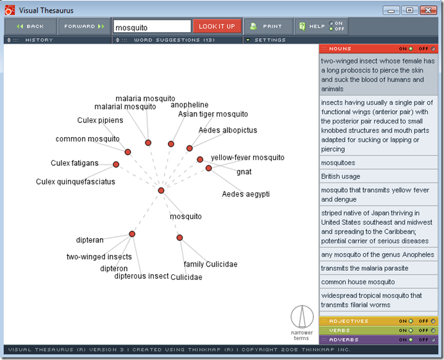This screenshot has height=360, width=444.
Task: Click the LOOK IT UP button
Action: (x=217, y=26)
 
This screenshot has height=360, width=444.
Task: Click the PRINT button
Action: (x=268, y=26)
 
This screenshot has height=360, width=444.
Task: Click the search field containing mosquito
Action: (x=152, y=27)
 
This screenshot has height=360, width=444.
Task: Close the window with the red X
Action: (x=428, y=10)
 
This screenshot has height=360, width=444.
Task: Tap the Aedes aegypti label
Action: (x=245, y=194)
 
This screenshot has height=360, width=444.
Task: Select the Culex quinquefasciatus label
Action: (x=76, y=182)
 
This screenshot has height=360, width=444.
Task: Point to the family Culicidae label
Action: (x=210, y=264)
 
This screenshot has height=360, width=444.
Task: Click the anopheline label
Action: (x=190, y=104)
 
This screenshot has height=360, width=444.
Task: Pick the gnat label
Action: (x=244, y=172)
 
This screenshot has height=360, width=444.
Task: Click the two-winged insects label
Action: (x=99, y=257)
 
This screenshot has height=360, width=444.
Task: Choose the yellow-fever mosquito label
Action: (x=247, y=158)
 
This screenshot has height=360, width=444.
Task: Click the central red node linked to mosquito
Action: (x=161, y=190)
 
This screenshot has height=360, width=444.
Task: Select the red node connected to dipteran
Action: (x=132, y=234)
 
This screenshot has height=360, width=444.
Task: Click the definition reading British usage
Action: (x=341, y=176)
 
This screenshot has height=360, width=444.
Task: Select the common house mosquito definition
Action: (x=358, y=282)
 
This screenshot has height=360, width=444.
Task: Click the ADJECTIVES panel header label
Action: (x=349, y=321)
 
